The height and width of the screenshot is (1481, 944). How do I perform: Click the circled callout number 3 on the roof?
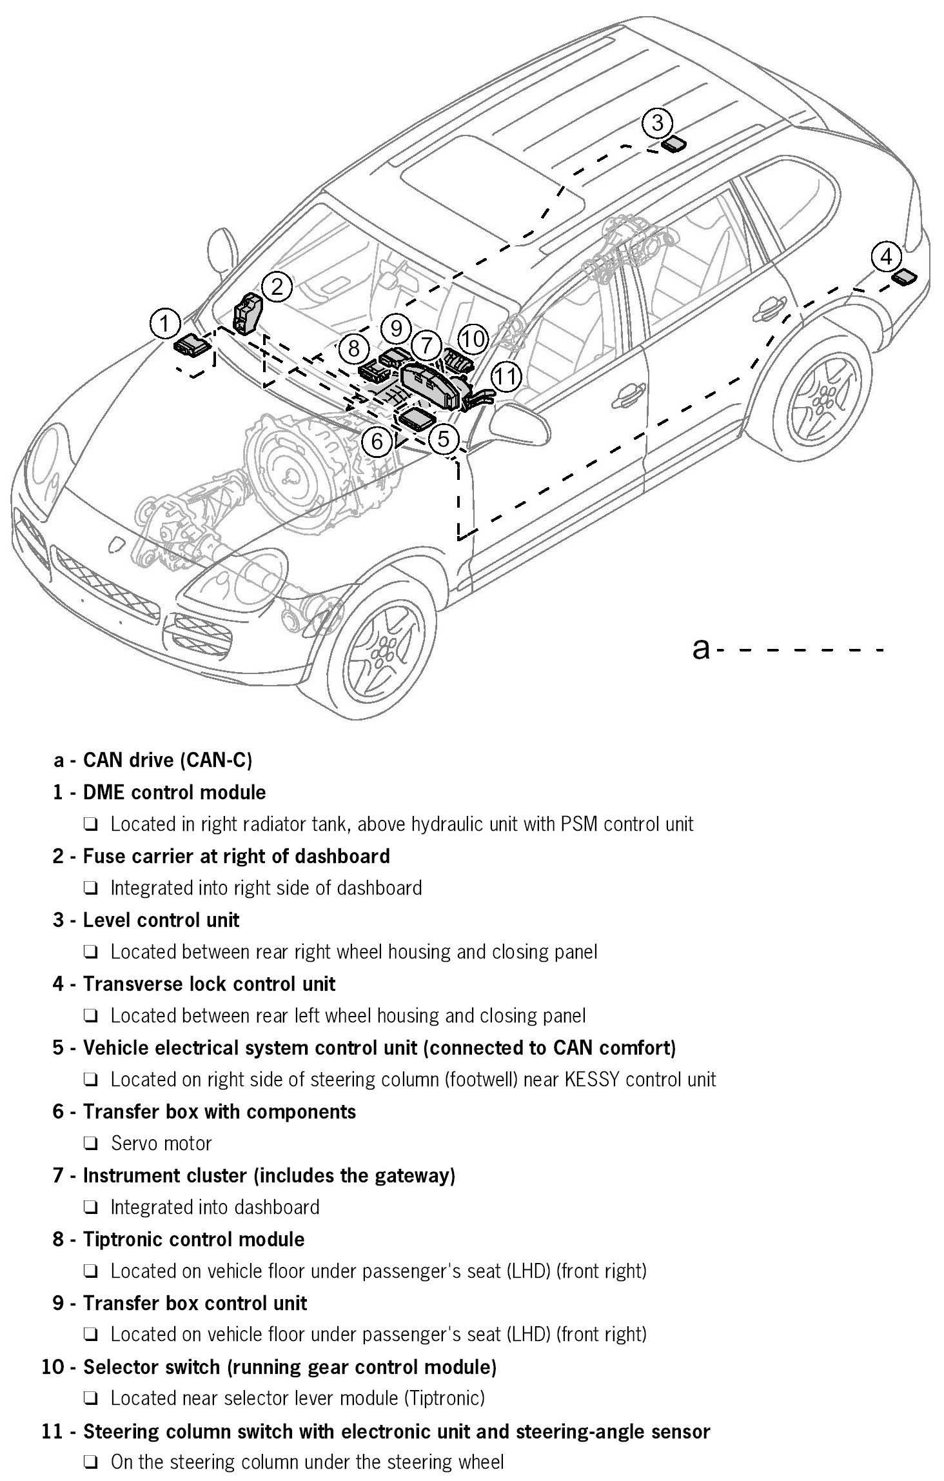[x=657, y=122]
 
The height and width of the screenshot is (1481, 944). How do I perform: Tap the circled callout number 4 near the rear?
[x=887, y=257]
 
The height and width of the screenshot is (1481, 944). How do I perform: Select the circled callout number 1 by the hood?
[x=166, y=323]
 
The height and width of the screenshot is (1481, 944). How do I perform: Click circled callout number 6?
[x=377, y=441]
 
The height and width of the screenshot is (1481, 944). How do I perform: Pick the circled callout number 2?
[x=277, y=286]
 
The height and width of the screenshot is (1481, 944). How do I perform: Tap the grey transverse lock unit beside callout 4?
[x=904, y=277]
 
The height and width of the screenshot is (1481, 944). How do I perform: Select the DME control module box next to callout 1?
[x=192, y=345]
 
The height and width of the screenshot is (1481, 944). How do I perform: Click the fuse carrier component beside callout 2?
[x=247, y=313]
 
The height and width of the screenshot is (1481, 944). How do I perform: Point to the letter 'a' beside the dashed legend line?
[x=700, y=648]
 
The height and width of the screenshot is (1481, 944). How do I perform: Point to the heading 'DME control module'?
[x=174, y=792]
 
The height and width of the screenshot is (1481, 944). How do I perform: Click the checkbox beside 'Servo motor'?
[x=90, y=1143]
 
